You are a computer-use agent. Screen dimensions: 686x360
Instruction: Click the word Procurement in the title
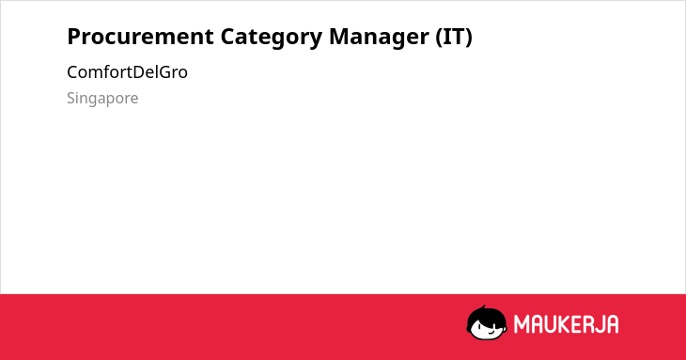pyautogui.click(x=140, y=37)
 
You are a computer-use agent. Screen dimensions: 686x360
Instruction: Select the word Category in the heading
pyautogui.click(x=272, y=38)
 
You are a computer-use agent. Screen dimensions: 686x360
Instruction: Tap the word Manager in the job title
pyautogui.click(x=379, y=38)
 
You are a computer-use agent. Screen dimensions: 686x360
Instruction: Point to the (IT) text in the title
pyautogui.click(x=454, y=38)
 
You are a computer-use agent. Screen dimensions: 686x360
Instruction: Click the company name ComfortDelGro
pyautogui.click(x=127, y=72)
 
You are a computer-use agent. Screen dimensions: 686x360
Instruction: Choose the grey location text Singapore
pyautogui.click(x=102, y=99)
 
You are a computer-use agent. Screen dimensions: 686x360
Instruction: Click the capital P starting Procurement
pyautogui.click(x=73, y=37)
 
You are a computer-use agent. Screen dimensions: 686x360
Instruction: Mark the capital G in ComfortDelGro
pyautogui.click(x=164, y=72)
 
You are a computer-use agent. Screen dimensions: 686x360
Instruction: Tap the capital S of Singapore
pyautogui.click(x=71, y=99)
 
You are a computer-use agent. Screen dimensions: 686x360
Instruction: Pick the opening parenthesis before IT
pyautogui.click(x=439, y=38)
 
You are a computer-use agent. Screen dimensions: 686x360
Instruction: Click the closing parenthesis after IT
pyautogui.click(x=469, y=38)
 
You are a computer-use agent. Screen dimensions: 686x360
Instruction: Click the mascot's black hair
pyautogui.click(x=485, y=316)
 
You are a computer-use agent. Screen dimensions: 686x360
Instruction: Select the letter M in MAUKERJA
pyautogui.click(x=522, y=324)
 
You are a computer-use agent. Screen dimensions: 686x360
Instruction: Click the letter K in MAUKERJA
pyautogui.click(x=565, y=324)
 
